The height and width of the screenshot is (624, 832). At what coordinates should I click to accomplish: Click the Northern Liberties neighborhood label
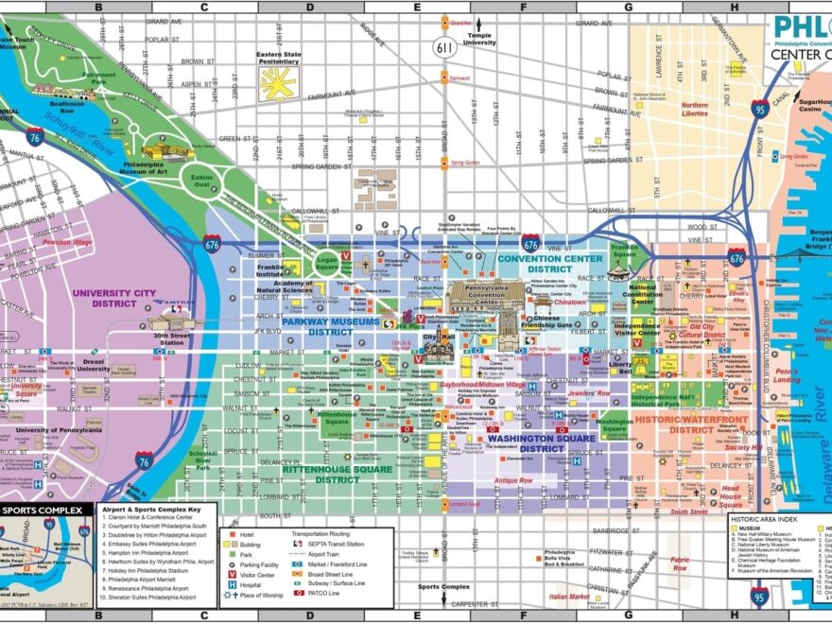[695, 110]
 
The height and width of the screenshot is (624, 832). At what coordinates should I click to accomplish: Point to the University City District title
[113, 298]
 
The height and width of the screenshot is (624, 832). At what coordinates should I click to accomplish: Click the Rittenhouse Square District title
[323, 474]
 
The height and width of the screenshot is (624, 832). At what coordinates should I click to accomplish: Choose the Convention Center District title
[549, 263]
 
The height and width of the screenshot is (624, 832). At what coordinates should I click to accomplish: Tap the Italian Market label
[569, 597]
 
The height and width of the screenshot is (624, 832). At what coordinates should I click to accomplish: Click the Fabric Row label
[680, 563]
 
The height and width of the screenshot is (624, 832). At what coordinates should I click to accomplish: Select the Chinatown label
[569, 303]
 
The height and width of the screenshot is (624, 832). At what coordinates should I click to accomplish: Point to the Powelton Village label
[70, 243]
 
